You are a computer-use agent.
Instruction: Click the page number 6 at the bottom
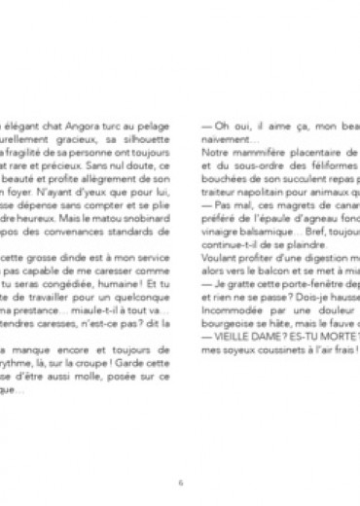180,452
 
